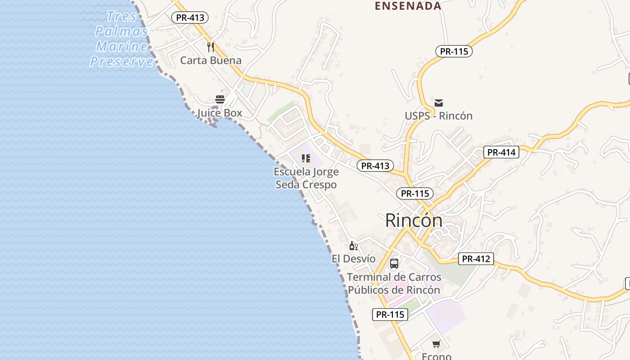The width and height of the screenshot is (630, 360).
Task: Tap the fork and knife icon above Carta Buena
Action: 211,47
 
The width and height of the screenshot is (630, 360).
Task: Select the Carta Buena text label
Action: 211,60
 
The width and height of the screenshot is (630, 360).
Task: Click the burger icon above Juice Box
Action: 220,99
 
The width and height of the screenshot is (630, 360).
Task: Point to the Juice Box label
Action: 220,113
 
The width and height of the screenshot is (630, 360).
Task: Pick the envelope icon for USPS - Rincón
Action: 439,103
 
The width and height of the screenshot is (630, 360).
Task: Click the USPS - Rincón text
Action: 439,116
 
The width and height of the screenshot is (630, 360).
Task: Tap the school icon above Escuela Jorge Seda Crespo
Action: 306,158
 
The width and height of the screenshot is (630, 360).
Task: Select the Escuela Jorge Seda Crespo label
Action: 306,178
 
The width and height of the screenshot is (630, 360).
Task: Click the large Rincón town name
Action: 414,220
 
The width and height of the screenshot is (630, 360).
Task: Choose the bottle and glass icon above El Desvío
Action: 354,246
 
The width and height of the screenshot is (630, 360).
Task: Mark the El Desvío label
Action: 354,259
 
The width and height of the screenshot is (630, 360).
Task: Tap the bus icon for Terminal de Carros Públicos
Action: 394,264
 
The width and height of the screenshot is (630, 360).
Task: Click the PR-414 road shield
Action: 501,152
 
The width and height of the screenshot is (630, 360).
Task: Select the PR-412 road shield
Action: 476,259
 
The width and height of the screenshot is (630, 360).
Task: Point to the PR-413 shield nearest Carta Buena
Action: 190,18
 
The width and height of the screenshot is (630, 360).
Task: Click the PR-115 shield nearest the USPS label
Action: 454,51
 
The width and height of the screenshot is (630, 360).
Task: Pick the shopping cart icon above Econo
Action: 436,344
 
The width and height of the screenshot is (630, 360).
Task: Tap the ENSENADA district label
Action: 408,6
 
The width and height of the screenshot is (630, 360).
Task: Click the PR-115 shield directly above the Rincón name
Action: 415,193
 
